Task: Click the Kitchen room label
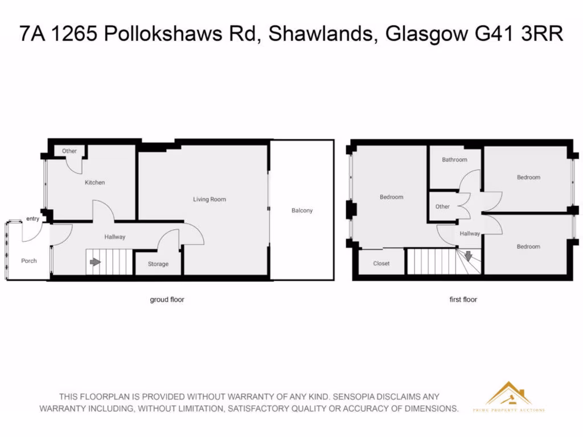(x=95, y=183)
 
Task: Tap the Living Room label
(x=209, y=199)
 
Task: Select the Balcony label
(x=302, y=211)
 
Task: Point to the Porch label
(x=29, y=261)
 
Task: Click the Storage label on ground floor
(x=158, y=264)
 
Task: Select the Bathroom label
(x=454, y=160)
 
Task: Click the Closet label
(x=381, y=263)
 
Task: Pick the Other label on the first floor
(x=442, y=207)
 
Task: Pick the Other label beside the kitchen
(x=69, y=151)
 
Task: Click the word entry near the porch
(x=32, y=218)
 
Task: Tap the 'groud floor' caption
(x=167, y=299)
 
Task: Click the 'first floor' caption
(x=463, y=299)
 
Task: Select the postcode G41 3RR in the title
(x=519, y=34)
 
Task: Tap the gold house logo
(x=508, y=394)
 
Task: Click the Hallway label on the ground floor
(x=114, y=237)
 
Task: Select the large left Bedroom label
(x=391, y=197)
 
